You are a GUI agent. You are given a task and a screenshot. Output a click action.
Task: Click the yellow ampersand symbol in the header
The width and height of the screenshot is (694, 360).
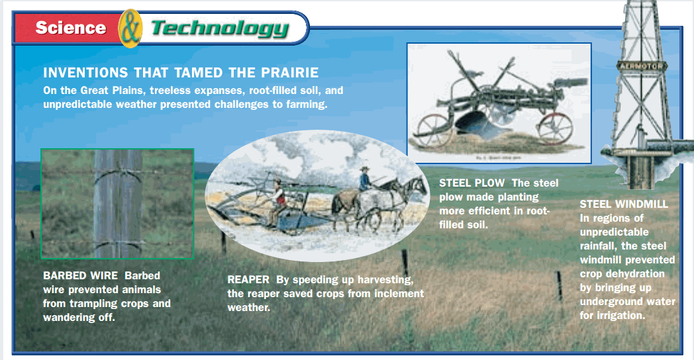(130, 28)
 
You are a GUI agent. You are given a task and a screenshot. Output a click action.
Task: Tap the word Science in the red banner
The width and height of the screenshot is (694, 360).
(71, 27)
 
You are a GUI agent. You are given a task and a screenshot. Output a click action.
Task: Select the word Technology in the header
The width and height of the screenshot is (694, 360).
(220, 28)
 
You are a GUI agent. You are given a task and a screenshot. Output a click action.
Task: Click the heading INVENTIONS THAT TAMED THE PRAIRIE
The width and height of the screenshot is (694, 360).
(181, 73)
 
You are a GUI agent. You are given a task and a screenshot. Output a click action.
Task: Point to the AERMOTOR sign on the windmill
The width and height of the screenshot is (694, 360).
(641, 66)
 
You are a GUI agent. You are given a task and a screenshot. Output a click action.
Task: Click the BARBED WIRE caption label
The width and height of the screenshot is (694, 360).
(80, 275)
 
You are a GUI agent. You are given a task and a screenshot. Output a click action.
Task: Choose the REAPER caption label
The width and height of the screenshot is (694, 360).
(248, 279)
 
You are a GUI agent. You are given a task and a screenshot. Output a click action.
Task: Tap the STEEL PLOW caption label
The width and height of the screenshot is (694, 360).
(471, 183)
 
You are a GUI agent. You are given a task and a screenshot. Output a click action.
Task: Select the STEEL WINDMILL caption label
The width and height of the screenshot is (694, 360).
(624, 204)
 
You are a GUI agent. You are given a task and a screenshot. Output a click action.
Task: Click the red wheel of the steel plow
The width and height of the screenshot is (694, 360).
(555, 128)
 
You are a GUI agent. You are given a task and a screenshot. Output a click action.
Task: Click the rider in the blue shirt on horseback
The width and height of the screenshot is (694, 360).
(365, 179)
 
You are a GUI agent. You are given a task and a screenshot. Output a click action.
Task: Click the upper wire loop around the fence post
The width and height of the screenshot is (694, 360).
(118, 173)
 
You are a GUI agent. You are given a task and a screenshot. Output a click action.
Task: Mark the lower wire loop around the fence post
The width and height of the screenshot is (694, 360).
(118, 245)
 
